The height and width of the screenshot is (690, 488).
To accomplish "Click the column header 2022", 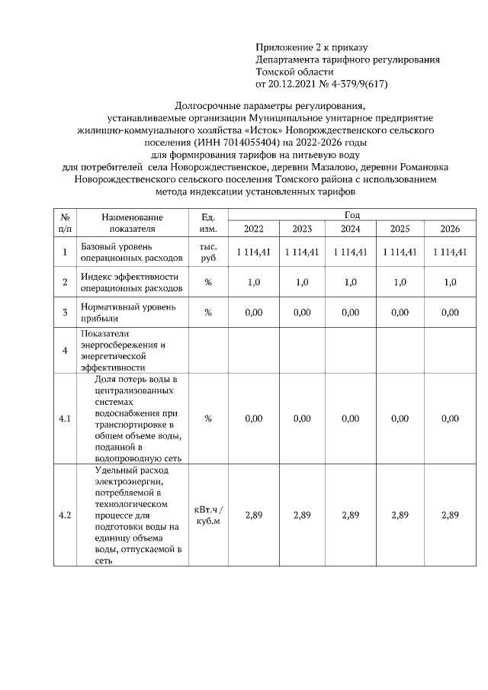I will coord(253,229).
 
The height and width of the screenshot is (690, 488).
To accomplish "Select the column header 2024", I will coord(351,229).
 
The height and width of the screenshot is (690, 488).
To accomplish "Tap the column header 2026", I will coord(450,229).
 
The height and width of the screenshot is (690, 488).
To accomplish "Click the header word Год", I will coord(352,216).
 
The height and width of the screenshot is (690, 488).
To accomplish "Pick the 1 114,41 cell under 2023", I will coord(302,252).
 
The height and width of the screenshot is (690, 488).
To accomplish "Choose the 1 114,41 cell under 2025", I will coord(400,252).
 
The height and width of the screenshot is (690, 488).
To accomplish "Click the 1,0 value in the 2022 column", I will coord(253,282).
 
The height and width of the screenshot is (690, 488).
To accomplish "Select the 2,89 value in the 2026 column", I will coord(450,515).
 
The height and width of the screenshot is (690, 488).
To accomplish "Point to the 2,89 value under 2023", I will coord(302,515).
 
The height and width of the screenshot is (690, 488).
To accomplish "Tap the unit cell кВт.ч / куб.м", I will coord(209,515).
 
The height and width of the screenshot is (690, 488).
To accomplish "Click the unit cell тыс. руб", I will coord(208,252).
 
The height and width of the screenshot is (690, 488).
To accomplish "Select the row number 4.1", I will coord(66,419).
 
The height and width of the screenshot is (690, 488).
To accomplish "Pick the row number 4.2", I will coord(66,515).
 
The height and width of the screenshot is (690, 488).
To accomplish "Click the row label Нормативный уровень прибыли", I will coord(128,312).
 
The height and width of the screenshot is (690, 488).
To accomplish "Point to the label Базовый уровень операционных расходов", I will coord(131,252).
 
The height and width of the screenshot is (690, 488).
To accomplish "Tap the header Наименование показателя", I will coord(132,223).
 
